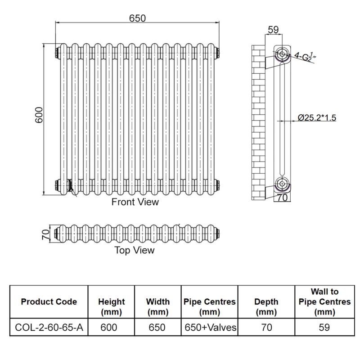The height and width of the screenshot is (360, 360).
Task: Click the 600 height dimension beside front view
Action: [x=39, y=116]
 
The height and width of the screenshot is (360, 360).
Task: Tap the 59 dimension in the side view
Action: [x=273, y=30]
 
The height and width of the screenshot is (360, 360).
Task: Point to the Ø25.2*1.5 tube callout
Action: [x=317, y=118]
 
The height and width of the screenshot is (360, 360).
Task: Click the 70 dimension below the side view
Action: [x=282, y=197]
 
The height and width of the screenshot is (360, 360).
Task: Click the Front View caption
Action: [x=135, y=202]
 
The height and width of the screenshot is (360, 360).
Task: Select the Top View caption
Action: [x=134, y=250]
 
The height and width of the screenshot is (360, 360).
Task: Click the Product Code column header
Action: [x=49, y=301]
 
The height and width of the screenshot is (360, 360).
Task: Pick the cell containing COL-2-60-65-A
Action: [x=49, y=328]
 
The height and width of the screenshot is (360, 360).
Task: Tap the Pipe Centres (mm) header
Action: [x=210, y=306]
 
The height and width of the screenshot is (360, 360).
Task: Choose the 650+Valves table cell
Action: [x=210, y=328]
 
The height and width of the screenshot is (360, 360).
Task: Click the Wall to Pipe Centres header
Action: [x=324, y=301]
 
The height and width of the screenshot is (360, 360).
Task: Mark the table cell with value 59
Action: [x=324, y=328]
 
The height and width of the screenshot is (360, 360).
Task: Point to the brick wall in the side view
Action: [x=258, y=121]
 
